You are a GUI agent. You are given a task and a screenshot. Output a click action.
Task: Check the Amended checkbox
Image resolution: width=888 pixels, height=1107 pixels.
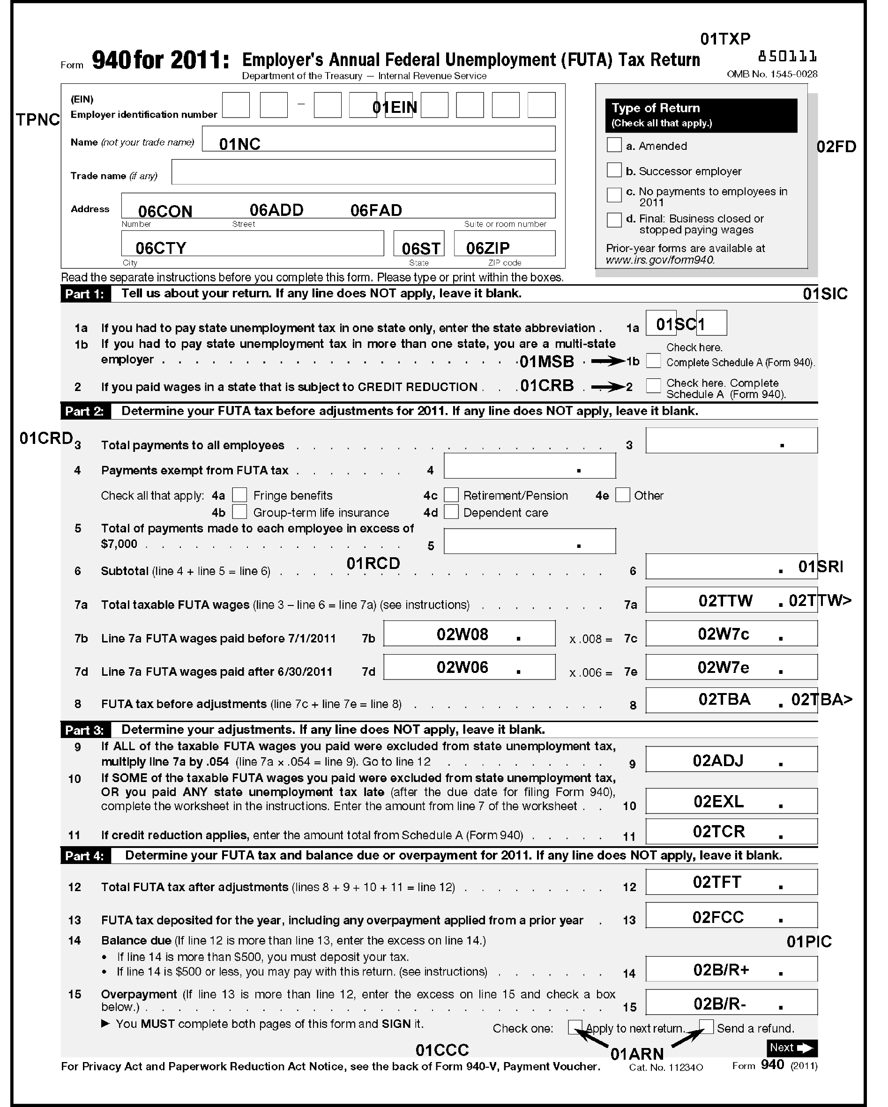pyautogui.click(x=614, y=145)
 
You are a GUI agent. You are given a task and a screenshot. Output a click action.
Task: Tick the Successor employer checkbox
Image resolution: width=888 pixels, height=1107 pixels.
pyautogui.click(x=614, y=170)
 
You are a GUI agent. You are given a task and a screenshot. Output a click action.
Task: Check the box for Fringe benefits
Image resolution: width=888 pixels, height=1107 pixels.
pyautogui.click(x=239, y=495)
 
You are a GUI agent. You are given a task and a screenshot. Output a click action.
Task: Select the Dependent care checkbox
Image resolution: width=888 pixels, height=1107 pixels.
pyautogui.click(x=451, y=512)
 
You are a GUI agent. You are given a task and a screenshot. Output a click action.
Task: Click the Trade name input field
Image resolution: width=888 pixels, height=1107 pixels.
pyautogui.click(x=363, y=172)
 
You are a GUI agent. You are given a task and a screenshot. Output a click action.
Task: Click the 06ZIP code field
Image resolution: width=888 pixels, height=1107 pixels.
pyautogui.click(x=504, y=244)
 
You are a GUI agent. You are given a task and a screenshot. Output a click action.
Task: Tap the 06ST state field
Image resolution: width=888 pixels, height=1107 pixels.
pyautogui.click(x=418, y=244)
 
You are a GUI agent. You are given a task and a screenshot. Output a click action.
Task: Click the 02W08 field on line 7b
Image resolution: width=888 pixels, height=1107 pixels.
pyautogui.click(x=469, y=634)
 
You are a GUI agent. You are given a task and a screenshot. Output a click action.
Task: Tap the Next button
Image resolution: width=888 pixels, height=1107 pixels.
pyautogui.click(x=791, y=1048)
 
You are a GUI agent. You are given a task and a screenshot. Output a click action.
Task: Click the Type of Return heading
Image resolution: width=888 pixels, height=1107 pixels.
pyautogui.click(x=656, y=108)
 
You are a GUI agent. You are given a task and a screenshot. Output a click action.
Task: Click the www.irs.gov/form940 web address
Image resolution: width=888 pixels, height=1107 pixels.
pyautogui.click(x=660, y=260)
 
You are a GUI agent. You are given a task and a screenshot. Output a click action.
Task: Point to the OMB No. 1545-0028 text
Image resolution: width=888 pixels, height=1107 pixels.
pyautogui.click(x=772, y=74)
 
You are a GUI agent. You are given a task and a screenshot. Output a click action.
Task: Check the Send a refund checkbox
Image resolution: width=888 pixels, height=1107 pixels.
pyautogui.click(x=707, y=1027)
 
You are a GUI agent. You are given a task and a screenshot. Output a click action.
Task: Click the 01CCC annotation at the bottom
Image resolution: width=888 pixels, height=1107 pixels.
pyautogui.click(x=442, y=1050)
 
